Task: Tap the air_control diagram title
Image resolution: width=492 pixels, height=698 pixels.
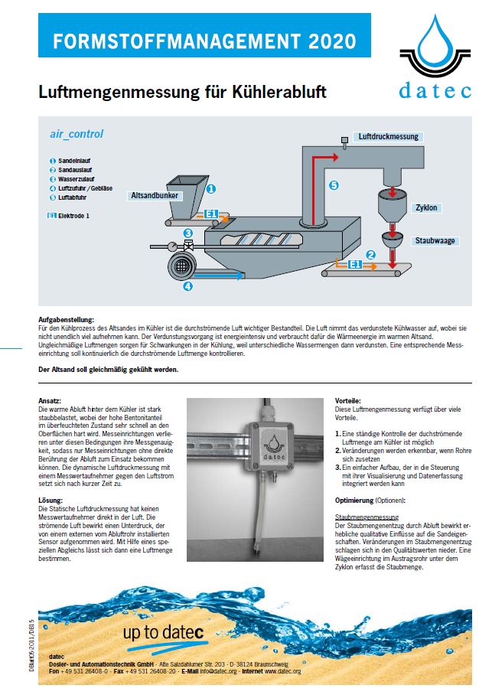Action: point(77,134)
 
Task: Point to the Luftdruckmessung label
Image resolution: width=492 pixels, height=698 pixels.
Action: point(389,136)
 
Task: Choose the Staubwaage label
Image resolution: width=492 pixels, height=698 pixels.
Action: point(435,240)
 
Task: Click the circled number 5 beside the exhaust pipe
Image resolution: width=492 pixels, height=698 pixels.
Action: point(333,185)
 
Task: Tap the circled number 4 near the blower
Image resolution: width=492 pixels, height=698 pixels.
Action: point(187,287)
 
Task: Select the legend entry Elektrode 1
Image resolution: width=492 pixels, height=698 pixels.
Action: point(74,216)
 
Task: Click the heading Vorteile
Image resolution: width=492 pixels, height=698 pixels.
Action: point(348,401)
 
